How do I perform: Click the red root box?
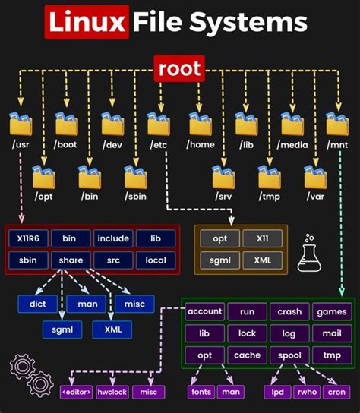pyautogui.click(x=179, y=70)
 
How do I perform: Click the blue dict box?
pyautogui.click(x=38, y=304)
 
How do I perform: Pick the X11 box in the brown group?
pyautogui.click(x=261, y=238)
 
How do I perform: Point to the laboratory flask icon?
pyautogui.click(x=309, y=253)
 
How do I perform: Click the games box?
pyautogui.click(x=332, y=312)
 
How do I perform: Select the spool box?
pyautogui.click(x=289, y=355)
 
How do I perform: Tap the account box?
pyautogui.click(x=204, y=312)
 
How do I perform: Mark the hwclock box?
pyautogui.click(x=112, y=391)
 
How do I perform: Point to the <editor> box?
pyautogui.click(x=76, y=391)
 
